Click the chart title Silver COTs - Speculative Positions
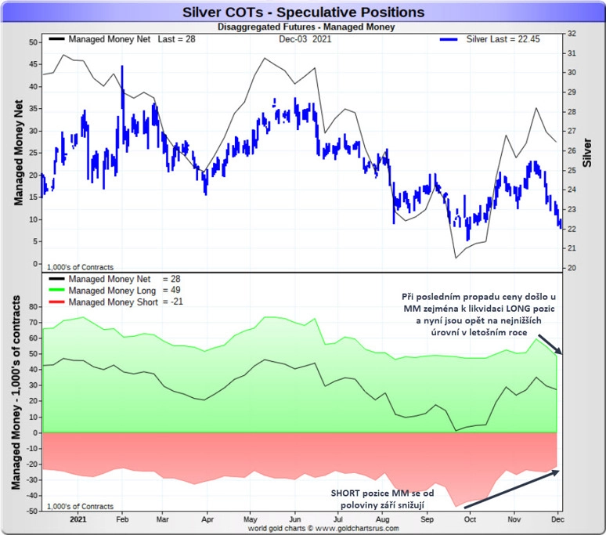tap(302, 13)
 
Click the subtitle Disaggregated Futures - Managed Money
tap(304, 27)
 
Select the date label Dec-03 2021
tap(304, 38)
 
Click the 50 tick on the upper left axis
tap(34, 42)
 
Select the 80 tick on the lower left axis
tap(33, 306)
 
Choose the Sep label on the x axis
tap(427, 519)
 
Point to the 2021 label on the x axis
tap(78, 519)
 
